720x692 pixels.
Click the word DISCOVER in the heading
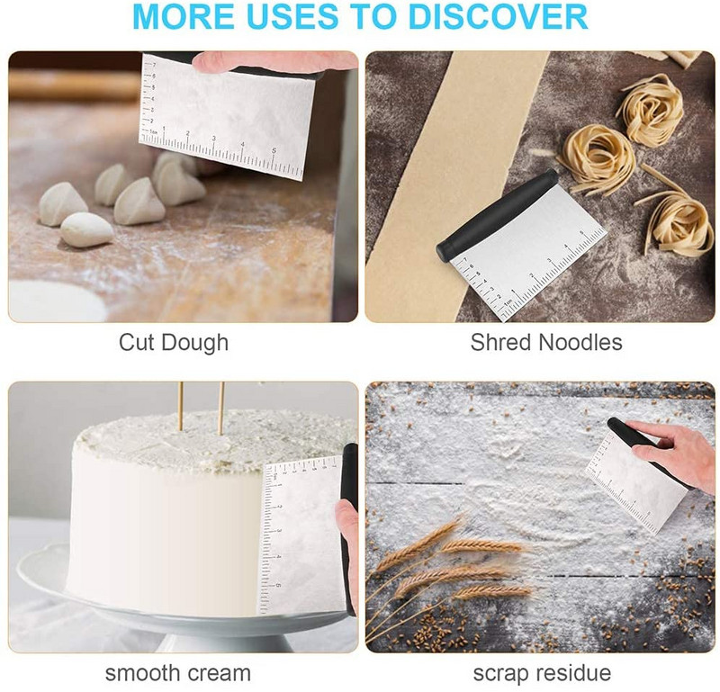[498, 16]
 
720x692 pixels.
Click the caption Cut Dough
[174, 343]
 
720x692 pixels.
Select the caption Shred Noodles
[546, 343]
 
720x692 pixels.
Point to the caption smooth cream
[178, 673]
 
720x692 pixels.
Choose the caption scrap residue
[542, 673]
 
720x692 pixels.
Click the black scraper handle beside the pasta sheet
[497, 215]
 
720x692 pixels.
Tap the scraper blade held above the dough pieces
[227, 118]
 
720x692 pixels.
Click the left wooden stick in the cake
[181, 407]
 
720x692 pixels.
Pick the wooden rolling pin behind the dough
[75, 85]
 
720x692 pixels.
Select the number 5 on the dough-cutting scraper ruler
[274, 150]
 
